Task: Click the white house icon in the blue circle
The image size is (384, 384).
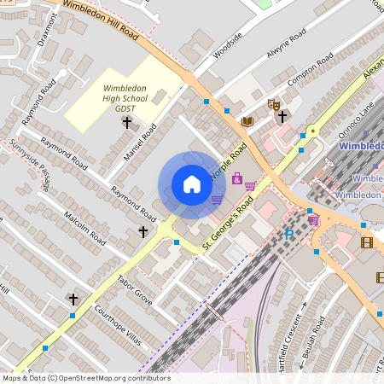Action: coord(192,184)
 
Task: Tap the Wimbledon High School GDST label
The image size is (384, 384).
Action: coord(125,99)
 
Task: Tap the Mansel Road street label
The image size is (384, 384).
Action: coord(142,143)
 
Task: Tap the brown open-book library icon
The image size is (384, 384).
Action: coord(247,122)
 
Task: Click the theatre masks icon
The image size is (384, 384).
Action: coord(274,104)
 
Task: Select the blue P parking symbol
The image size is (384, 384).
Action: coord(288,234)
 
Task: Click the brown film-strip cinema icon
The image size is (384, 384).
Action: coord(367,243)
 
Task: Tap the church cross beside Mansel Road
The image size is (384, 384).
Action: coord(127,123)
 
